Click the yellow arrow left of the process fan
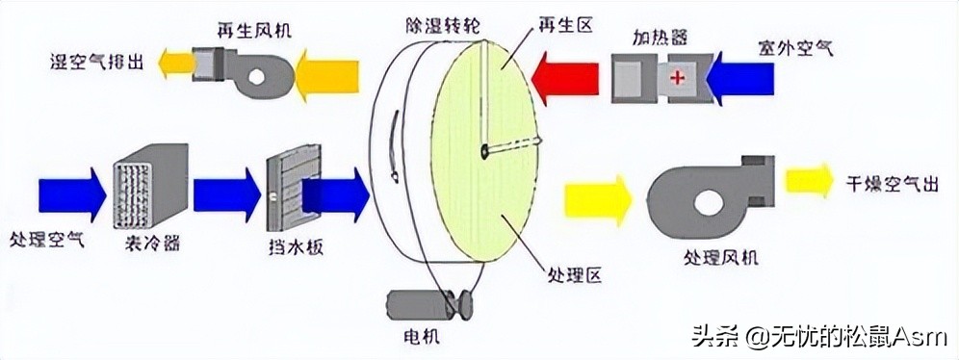(x=601, y=198)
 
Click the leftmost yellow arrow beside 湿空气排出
(x=179, y=68)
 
